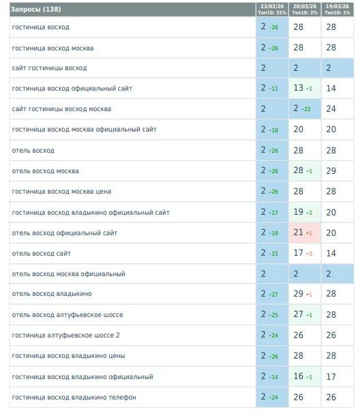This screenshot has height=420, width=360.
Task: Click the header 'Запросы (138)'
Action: [35, 10]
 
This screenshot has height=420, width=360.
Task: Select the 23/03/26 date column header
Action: [272, 10]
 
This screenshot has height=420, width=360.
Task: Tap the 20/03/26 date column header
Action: [305, 10]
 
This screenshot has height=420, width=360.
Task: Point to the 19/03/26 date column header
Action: [337, 10]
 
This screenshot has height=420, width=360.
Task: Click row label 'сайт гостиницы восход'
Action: [49, 68]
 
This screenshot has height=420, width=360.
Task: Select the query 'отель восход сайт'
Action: [41, 254]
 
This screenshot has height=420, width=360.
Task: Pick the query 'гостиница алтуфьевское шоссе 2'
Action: [65, 335]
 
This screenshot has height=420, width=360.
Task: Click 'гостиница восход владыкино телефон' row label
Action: [74, 397]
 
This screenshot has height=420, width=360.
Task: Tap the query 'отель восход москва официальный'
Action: [69, 274]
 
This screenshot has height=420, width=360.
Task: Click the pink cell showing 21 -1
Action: [305, 232]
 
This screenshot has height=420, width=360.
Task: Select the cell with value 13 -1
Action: [305, 88]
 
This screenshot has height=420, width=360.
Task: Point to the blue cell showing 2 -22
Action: [305, 109]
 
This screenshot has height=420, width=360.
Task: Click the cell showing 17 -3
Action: [305, 253]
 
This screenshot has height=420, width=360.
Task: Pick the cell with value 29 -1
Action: [305, 294]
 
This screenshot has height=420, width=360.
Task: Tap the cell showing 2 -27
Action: [272, 294]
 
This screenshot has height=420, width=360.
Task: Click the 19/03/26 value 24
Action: [331, 109]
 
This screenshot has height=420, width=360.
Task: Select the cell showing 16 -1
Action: [305, 376]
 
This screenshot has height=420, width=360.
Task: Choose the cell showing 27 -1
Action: [305, 314]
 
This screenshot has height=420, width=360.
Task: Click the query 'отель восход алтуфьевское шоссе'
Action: [67, 315]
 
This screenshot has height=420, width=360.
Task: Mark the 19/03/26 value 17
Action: [331, 376]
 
